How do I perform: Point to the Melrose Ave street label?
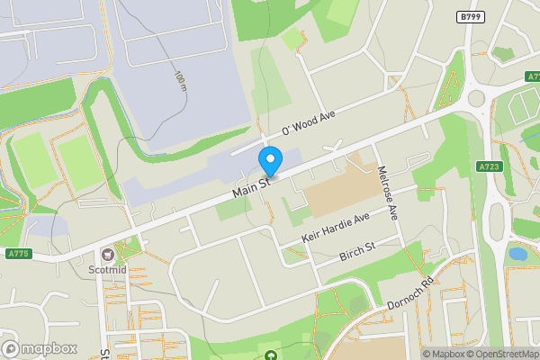click(x=388, y=193)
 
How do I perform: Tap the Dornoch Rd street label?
click(x=410, y=292)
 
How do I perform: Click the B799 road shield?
click(x=470, y=17)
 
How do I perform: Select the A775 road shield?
click(x=18, y=254)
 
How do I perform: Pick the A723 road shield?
click(x=490, y=166)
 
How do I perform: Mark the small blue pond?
click(x=517, y=254)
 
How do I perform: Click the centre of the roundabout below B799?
click(x=476, y=99)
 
